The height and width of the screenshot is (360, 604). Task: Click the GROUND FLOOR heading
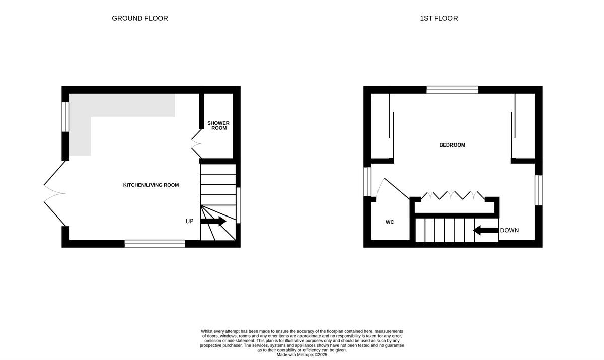pos(140,18)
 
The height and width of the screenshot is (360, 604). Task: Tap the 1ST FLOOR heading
pos(439,18)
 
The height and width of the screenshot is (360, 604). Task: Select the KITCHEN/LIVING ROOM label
pos(151,185)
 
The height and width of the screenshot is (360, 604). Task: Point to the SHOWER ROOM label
pos(218,125)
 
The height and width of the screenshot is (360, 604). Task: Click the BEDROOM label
pos(452,145)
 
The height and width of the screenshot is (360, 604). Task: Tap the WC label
pos(390,222)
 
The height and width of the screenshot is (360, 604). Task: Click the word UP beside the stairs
pos(190,221)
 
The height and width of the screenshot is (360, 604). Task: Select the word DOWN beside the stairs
pos(509,230)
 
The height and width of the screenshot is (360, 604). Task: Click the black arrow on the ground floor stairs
pos(213,221)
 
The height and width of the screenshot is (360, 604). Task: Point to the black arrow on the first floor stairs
pos(485,231)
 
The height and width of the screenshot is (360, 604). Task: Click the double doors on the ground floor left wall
pos(54,193)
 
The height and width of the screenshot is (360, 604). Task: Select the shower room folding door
pos(196,143)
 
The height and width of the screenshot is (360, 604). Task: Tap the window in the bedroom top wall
pos(452,90)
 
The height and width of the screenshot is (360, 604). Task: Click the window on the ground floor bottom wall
pos(155,244)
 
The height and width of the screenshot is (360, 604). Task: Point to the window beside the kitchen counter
pos(65,117)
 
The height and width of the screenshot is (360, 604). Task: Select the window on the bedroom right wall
pos(538,190)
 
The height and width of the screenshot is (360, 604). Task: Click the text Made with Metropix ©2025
pos(302,355)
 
